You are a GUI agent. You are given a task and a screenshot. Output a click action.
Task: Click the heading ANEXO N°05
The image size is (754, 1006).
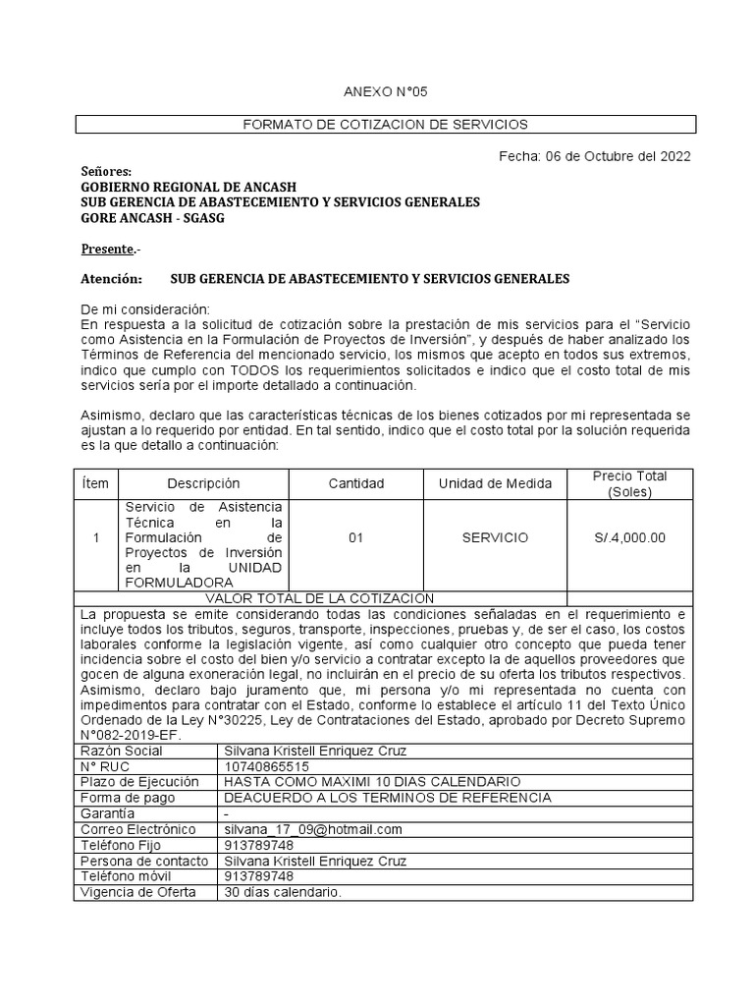click(x=385, y=91)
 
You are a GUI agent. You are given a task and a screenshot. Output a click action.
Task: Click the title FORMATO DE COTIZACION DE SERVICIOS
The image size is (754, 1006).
click(x=385, y=125)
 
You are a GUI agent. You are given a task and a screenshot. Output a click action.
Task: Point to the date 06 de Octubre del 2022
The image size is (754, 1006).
click(x=622, y=155)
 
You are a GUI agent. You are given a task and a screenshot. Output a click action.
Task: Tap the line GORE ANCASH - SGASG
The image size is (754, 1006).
click(x=151, y=218)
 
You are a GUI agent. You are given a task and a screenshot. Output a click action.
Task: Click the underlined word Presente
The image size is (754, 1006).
click(x=108, y=249)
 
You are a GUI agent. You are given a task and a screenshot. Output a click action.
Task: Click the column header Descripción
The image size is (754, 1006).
click(x=203, y=483)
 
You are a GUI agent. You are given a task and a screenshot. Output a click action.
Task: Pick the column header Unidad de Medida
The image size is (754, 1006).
click(x=495, y=483)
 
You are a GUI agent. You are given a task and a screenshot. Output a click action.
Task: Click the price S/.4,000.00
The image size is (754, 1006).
click(x=629, y=537)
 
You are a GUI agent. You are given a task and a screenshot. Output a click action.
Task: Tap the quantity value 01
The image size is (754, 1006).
click(x=356, y=537)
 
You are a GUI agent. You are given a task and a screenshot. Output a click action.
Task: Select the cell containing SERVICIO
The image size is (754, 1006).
click(x=495, y=537)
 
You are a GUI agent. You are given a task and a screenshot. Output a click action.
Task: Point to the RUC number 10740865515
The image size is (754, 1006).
click(x=266, y=766)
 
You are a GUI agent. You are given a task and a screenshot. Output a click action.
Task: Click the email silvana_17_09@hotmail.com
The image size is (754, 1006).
click(x=313, y=829)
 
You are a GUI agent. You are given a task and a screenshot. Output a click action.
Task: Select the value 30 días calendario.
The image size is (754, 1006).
click(x=283, y=892)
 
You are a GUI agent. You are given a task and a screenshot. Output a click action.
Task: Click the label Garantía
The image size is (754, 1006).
click(x=107, y=813)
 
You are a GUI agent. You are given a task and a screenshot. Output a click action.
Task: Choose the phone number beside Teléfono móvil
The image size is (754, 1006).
click(x=258, y=876)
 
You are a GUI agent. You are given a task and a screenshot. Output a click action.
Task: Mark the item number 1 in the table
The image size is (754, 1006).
click(x=95, y=537)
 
